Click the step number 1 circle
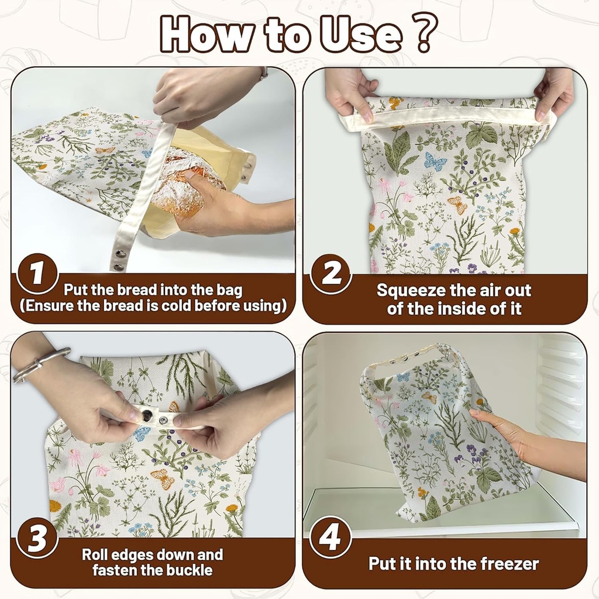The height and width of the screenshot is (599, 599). [37, 273]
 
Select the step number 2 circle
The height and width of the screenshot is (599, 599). [331, 273]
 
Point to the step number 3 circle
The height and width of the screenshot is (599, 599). [37, 538]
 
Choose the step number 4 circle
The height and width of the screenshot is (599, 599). [331, 538]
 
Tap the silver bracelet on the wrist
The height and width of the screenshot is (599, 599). [40, 364]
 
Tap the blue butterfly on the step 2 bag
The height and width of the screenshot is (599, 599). [435, 161]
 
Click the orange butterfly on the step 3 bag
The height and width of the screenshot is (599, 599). [163, 478]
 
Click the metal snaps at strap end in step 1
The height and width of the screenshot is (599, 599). [119, 261]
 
